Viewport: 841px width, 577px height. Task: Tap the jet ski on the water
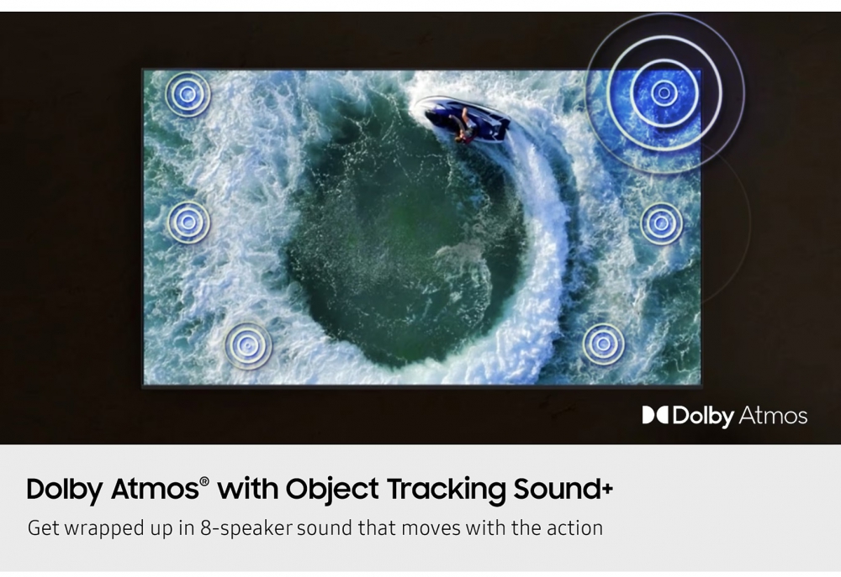click(x=463, y=120)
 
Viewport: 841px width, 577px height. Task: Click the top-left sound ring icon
click(x=188, y=94)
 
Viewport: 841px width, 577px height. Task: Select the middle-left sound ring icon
click(x=188, y=222)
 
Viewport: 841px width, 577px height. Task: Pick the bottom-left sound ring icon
click(x=247, y=345)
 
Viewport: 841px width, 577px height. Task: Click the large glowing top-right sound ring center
click(x=664, y=93)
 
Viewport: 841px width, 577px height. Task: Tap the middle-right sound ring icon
click(x=661, y=223)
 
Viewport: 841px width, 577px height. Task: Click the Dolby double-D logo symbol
click(x=655, y=415)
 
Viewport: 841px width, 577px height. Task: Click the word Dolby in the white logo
click(x=702, y=417)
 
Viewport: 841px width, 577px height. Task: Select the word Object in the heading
click(x=332, y=489)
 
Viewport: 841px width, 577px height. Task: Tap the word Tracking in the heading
click(x=446, y=489)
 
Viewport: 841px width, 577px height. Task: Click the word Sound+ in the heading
click(x=563, y=489)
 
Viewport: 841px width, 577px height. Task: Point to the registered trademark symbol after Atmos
click(x=204, y=481)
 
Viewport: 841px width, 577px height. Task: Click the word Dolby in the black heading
click(x=65, y=489)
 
